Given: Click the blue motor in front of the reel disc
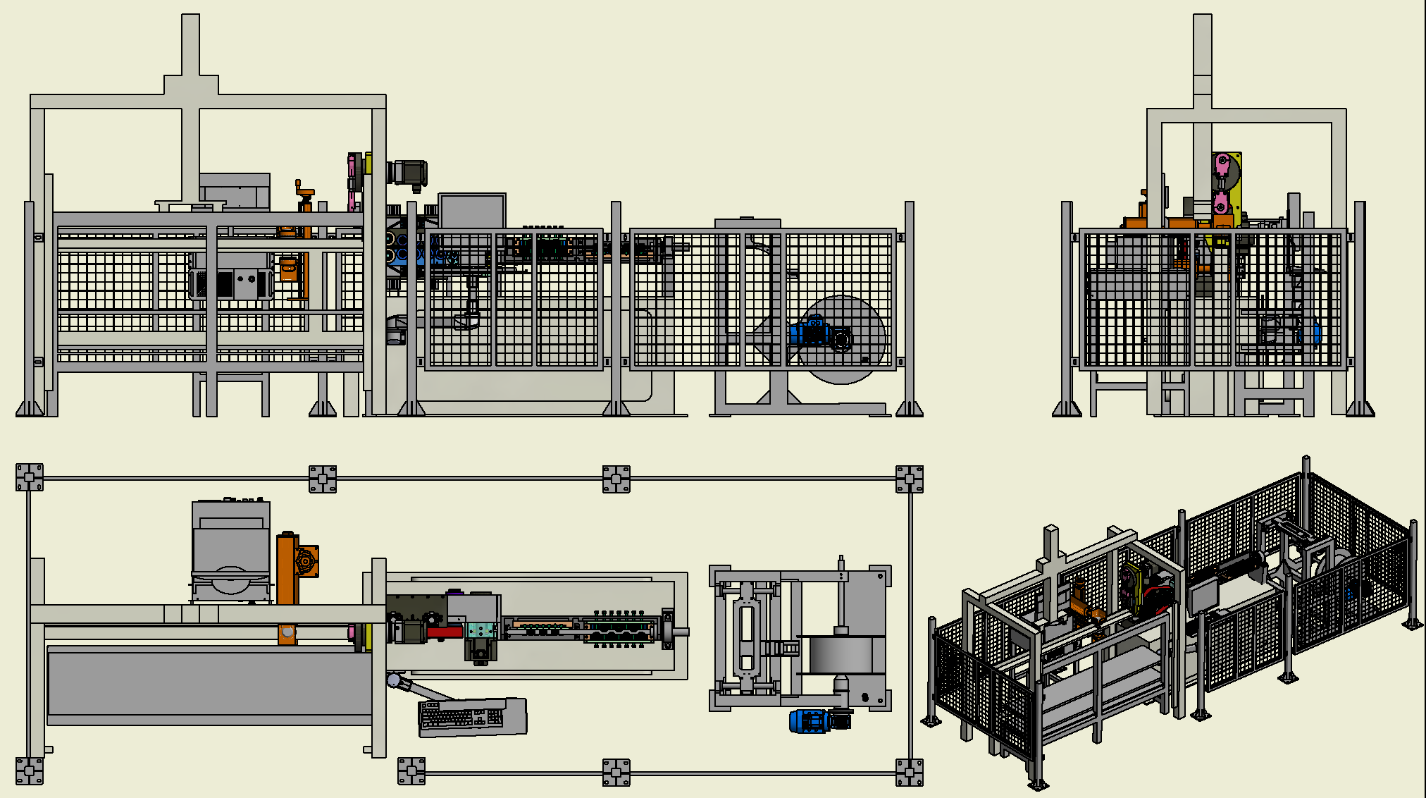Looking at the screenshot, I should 812,332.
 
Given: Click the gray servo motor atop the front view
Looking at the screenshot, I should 409,173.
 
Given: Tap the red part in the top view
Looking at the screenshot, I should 445,632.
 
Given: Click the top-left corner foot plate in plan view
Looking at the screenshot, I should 30,477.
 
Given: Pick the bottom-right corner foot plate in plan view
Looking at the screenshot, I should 909,773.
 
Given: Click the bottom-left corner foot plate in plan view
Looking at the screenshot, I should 30,771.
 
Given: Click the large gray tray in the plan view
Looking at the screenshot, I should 209,684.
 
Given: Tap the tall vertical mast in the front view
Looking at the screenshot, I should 190,106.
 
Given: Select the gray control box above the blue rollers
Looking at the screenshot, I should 472,211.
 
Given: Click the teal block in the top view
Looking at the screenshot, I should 480,630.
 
